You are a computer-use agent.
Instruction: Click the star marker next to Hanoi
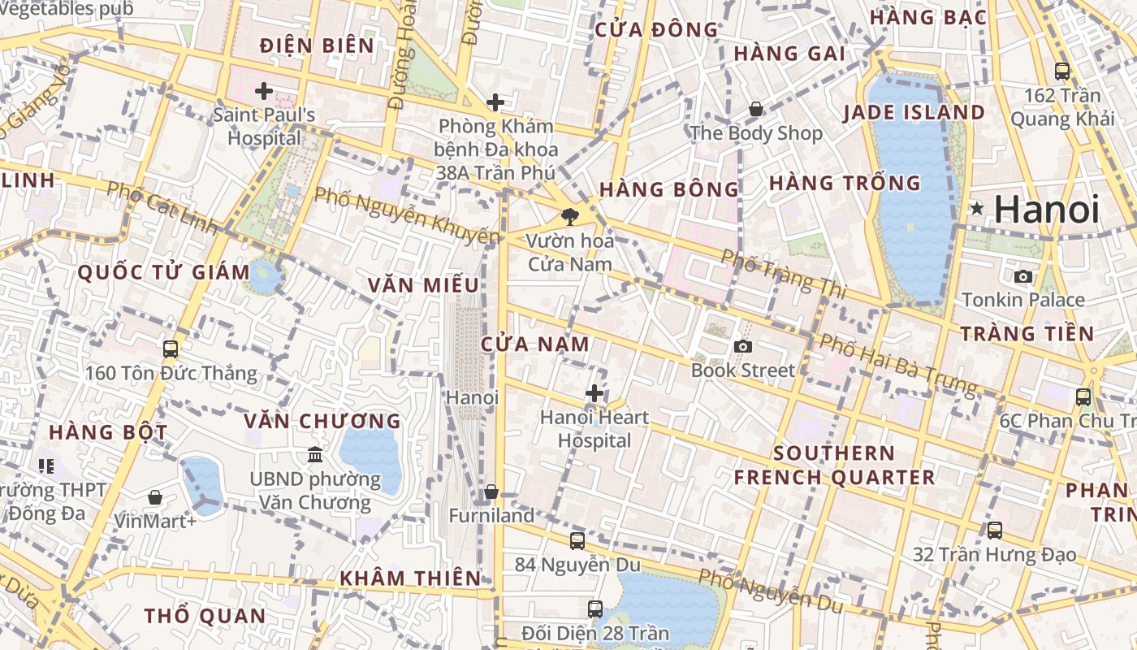point(976,209)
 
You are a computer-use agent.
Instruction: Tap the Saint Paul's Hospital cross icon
point(263,91)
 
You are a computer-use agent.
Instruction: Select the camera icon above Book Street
point(742,346)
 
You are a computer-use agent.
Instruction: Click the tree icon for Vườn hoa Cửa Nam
point(570,216)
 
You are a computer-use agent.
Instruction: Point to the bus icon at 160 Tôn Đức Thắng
point(171,349)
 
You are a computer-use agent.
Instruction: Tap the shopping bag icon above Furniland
point(491,492)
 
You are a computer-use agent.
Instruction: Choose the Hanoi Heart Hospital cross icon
point(594,394)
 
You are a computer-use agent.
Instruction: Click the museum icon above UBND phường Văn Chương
point(314,454)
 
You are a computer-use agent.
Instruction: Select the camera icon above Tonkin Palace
point(1023,276)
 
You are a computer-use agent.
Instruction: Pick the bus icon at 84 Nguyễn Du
point(577,540)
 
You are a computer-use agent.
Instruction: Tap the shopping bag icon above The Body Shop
point(756,109)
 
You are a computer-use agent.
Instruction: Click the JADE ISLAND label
point(914,112)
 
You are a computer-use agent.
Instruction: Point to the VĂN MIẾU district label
point(423,285)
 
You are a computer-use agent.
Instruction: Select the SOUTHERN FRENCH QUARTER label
point(834,465)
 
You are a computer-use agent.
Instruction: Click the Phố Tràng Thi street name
point(783,273)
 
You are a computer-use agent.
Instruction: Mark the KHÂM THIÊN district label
point(410,578)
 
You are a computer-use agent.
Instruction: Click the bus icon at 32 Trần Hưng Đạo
point(995,531)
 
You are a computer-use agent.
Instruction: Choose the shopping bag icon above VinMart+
point(154,496)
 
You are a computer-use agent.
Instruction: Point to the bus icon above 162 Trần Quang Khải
point(1062,71)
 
